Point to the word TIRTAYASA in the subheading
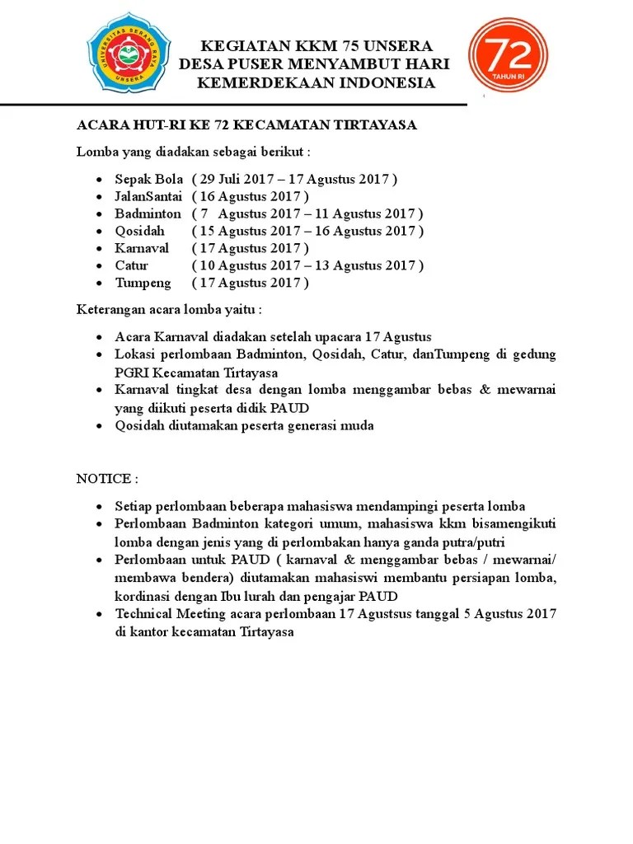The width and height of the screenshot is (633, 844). tap(375, 124)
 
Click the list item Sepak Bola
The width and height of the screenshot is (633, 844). tap(148, 179)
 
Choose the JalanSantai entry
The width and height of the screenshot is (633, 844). tap(149, 196)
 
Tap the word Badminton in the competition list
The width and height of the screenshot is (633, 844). tap(148, 213)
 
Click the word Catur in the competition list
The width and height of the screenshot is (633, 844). tap(132, 265)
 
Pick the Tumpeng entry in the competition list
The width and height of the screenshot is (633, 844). tap(143, 283)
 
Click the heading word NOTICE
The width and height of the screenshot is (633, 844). tap(104, 479)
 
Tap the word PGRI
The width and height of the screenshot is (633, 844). tap(133, 372)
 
